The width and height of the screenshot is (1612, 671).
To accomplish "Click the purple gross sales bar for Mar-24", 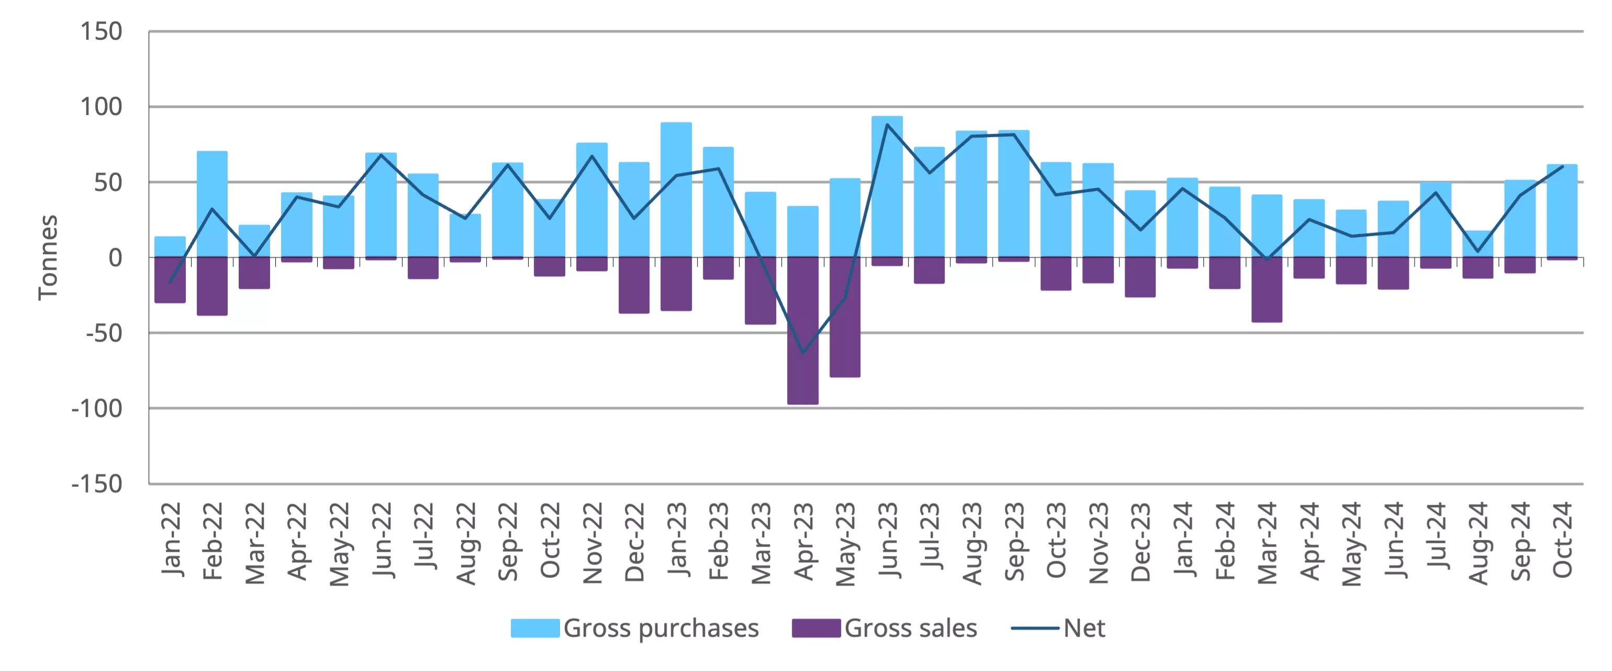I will (1267, 290).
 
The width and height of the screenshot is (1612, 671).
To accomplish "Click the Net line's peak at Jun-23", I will (887, 124).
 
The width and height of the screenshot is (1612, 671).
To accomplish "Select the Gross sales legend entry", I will (884, 628).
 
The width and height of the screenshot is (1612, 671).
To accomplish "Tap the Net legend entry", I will (1059, 628).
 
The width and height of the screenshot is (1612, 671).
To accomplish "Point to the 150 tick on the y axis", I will (102, 31).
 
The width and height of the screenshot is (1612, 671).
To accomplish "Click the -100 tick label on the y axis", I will (97, 408).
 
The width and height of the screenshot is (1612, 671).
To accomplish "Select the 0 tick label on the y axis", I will (115, 258).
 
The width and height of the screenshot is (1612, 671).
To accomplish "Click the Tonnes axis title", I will (48, 258).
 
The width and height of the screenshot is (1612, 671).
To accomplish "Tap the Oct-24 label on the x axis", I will (1563, 540).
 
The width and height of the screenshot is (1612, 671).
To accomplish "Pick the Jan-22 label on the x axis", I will (170, 539).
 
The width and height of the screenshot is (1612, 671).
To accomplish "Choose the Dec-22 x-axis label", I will (634, 541).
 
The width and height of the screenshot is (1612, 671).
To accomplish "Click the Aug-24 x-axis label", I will (1478, 543).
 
